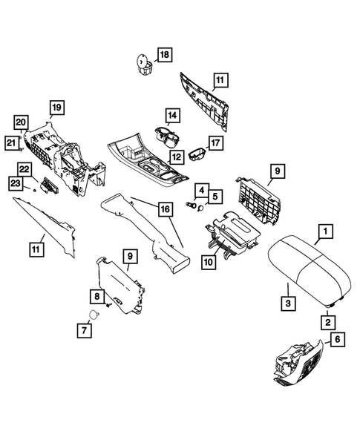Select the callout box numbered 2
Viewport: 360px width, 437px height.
pos(327,322)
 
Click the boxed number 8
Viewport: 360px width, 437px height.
pos(96,296)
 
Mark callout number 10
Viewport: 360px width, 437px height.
pos(209,261)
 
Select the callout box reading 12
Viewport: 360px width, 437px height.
pos(177,157)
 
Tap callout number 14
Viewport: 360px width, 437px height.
pos(172,116)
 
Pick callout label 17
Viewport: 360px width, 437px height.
pos(215,142)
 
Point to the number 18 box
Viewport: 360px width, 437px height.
pos(163,55)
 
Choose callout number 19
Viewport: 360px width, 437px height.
pos(56,107)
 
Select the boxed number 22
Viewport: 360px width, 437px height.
pos(24,170)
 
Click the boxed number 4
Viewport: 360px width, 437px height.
pos(200,191)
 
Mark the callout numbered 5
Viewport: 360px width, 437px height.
pos(215,197)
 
